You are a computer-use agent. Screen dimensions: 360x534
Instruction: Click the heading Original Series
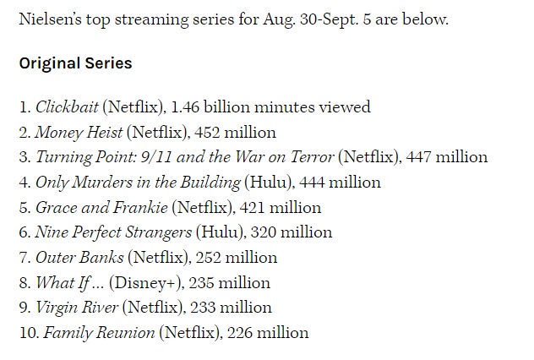pyautogui.click(x=75, y=63)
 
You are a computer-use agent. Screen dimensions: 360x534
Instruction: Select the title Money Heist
pyautogui.click(x=79, y=133)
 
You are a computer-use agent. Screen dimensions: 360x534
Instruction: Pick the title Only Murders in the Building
pyautogui.click(x=138, y=183)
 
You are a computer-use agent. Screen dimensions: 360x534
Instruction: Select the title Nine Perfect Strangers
pyautogui.click(x=113, y=232)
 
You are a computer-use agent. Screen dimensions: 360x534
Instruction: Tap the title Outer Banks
pyautogui.click(x=79, y=258)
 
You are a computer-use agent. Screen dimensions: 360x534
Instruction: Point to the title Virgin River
pyautogui.click(x=77, y=308)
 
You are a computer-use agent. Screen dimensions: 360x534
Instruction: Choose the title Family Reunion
pyautogui.click(x=99, y=333)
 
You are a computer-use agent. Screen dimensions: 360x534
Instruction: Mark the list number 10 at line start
pyautogui.click(x=28, y=333)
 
